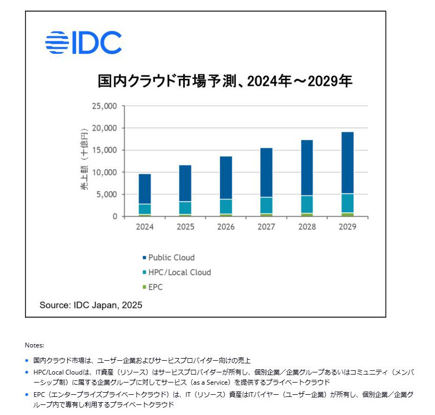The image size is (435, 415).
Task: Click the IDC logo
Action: (x=83, y=43)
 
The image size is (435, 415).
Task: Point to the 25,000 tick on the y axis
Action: (x=104, y=106)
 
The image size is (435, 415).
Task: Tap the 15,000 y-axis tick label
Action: (x=104, y=150)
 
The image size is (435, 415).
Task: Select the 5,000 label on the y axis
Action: (x=106, y=195)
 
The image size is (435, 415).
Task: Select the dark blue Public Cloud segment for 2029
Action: (x=347, y=162)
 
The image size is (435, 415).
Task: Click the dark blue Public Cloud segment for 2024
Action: (x=145, y=189)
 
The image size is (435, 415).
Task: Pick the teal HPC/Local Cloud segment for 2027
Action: (x=266, y=205)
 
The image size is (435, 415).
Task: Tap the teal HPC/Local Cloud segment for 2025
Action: (x=185, y=208)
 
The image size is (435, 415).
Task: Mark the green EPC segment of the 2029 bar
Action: (x=347, y=214)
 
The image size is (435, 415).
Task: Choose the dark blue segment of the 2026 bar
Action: (x=226, y=178)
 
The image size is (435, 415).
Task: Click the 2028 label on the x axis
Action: (x=306, y=227)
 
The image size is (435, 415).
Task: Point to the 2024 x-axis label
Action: (x=145, y=227)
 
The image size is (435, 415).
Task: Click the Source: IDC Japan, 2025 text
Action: (x=91, y=305)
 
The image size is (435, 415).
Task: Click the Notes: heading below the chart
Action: (x=34, y=345)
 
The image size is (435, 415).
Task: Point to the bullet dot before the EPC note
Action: (x=27, y=395)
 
